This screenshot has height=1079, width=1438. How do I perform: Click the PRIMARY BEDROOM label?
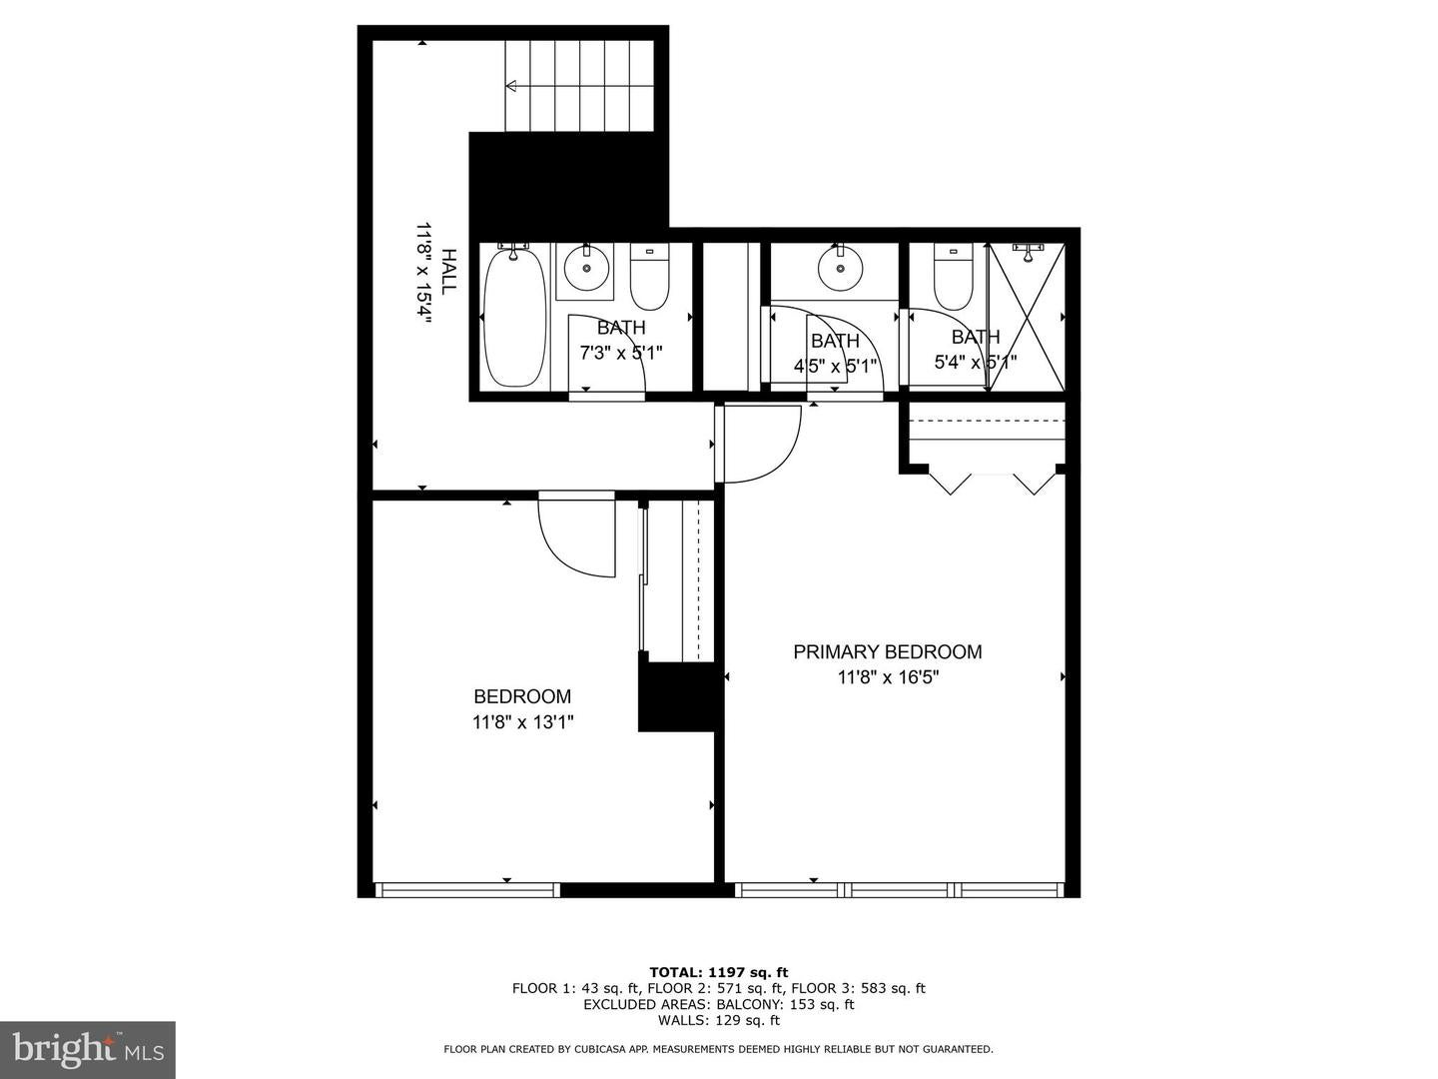pyautogui.click(x=887, y=652)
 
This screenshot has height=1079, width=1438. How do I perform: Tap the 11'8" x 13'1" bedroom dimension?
pyautogui.click(x=523, y=721)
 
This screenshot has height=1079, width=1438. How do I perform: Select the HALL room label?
pyautogui.click(x=448, y=271)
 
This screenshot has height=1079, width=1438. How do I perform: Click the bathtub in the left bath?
pyautogui.click(x=514, y=317)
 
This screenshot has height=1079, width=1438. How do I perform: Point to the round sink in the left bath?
pyautogui.click(x=585, y=268)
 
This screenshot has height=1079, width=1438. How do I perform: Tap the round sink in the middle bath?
pyautogui.click(x=839, y=267)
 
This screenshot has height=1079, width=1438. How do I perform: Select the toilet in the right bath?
pyautogui.click(x=953, y=281)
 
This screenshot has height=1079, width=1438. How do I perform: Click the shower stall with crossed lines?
pyautogui.click(x=1027, y=316)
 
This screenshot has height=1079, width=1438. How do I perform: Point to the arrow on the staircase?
pyautogui.click(x=512, y=86)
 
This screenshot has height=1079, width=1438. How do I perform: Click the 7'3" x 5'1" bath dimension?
pyautogui.click(x=621, y=353)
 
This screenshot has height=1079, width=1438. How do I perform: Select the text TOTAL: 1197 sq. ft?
pyautogui.click(x=719, y=972)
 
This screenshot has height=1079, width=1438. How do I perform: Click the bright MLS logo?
pyautogui.click(x=88, y=1049)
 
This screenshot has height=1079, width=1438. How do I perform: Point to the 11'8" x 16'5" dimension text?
pyautogui.click(x=888, y=677)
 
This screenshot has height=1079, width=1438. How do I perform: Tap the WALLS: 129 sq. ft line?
pyautogui.click(x=719, y=1021)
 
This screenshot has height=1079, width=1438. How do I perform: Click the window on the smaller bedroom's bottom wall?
pyautogui.click(x=466, y=889)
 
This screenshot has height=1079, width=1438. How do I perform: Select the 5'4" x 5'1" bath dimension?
pyautogui.click(x=975, y=363)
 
